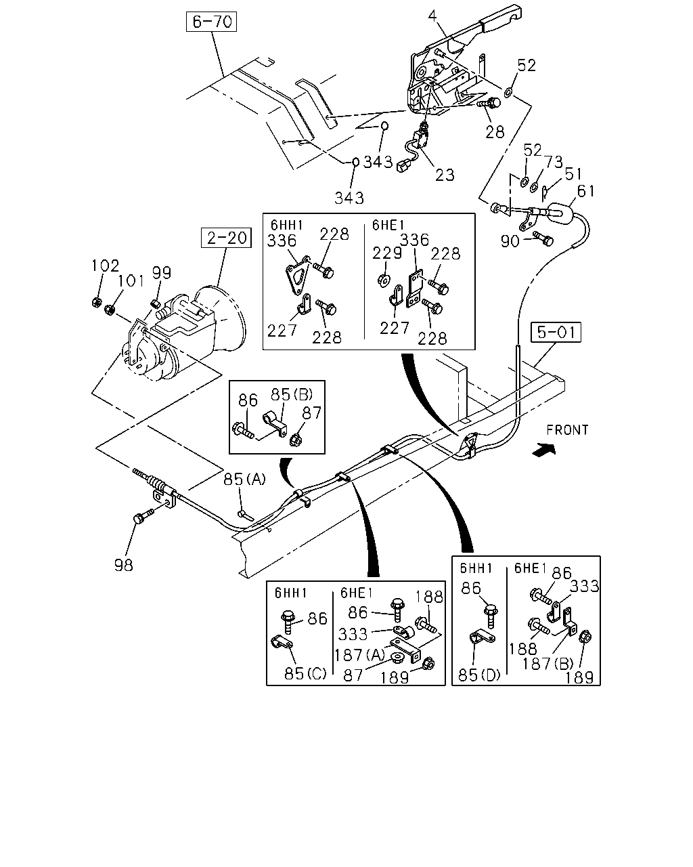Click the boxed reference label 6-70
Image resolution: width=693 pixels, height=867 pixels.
[211, 22]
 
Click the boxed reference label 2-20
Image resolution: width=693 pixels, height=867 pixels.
[226, 238]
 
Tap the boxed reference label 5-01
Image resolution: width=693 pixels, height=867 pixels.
[556, 333]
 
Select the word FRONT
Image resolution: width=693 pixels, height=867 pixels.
[567, 430]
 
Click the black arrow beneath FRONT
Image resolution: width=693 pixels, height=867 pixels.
[544, 450]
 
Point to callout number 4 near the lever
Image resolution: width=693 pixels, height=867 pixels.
[432, 16]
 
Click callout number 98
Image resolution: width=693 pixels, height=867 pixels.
[123, 565]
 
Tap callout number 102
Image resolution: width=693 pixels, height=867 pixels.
[105, 266]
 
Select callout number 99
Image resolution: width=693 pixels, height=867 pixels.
[162, 273]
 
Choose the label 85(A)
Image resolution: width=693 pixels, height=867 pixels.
[244, 480]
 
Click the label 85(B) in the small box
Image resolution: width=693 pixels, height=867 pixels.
[292, 395]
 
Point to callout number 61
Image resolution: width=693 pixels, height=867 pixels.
[586, 191]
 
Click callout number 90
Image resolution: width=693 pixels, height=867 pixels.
[510, 241]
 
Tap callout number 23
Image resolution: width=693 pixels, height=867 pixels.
[445, 175]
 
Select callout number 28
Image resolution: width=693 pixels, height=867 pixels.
[495, 132]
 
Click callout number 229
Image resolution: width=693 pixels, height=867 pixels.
[387, 253]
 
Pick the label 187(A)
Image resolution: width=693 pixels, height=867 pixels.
[359, 655]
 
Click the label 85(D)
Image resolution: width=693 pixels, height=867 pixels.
[479, 675]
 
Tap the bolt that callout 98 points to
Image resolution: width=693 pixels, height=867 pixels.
[143, 516]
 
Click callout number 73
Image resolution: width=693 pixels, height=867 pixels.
[554, 162]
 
